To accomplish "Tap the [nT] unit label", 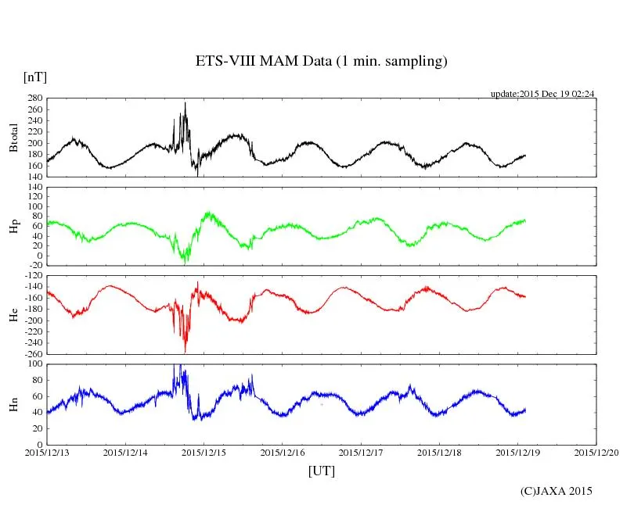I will [35, 77].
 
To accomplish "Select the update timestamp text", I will [542, 94].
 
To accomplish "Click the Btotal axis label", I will [13, 137].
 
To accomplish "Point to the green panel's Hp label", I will [13, 226].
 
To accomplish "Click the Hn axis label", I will [13, 404].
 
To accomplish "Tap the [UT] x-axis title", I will [322, 471].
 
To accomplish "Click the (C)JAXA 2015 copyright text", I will [557, 491].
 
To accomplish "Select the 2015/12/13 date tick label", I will [47, 452].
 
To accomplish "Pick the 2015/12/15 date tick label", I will [204, 452].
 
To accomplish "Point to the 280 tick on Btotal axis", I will [34, 98].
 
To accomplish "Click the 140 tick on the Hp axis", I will [34, 188].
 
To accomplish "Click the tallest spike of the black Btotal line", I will [186, 103].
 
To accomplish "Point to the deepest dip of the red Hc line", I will [186, 351].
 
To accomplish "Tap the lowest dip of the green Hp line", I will [186, 262].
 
